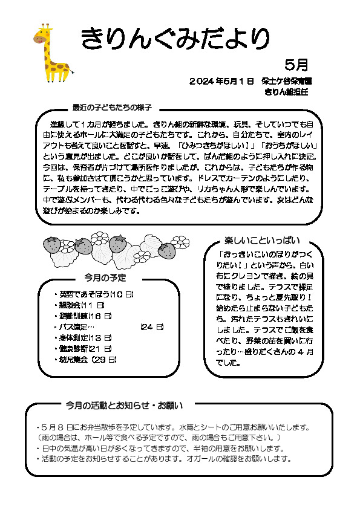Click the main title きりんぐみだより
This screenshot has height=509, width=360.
point(175,39)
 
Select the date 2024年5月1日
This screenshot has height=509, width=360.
point(221,81)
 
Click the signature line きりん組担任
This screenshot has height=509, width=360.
point(286,92)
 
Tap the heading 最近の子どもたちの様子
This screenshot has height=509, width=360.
point(111,108)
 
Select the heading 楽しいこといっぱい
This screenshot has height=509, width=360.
point(262,241)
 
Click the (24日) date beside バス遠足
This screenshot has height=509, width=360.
point(151,327)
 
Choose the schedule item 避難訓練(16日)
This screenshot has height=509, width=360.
point(85,316)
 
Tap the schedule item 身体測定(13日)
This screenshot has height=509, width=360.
point(85,338)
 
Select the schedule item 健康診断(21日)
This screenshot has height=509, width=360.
point(85,349)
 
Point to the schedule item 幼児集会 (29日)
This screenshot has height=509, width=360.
point(87,360)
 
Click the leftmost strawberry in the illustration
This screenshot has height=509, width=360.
point(53,245)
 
